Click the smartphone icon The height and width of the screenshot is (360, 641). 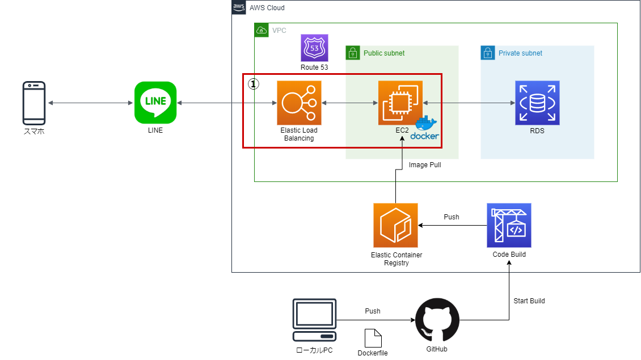34,103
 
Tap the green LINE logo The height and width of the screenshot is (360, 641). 155,103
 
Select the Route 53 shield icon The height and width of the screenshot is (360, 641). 314,48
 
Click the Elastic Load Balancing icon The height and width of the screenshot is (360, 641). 299,103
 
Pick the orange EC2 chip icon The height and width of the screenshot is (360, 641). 400,103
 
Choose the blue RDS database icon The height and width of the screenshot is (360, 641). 537,103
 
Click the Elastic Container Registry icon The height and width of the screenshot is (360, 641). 395,225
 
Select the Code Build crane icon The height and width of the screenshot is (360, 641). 509,225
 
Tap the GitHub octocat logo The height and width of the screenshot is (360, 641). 437,320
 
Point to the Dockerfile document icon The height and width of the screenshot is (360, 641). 373,338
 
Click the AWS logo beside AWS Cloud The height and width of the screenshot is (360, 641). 239,7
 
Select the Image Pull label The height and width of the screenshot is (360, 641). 425,165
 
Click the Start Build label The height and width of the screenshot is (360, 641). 529,300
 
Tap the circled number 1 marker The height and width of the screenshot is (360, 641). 254,83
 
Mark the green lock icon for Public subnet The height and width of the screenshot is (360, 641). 353,53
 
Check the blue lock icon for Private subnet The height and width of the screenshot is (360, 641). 488,53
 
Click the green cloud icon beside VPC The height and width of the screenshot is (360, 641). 262,30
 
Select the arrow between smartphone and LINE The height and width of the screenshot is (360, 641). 90,103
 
